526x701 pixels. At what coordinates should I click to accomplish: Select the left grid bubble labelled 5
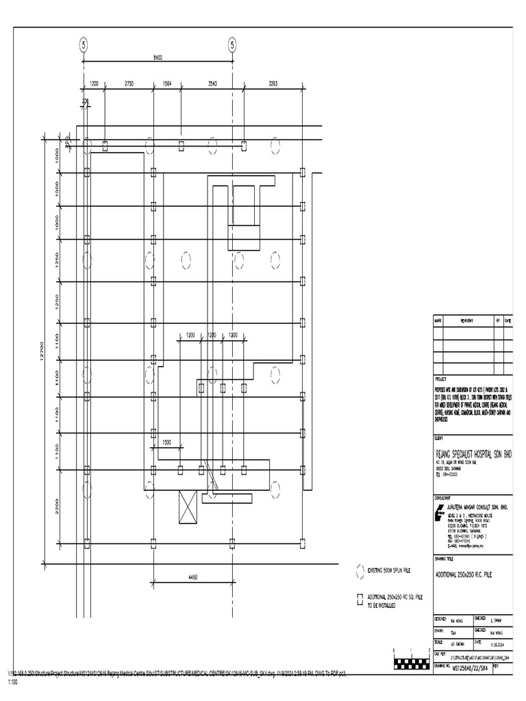click(84, 45)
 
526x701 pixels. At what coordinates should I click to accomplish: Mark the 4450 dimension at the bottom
click(192, 578)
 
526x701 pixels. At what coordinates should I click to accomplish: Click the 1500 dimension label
click(166, 443)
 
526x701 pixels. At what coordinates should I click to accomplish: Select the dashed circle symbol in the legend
click(359, 570)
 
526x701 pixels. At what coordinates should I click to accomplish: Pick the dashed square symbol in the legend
click(359, 600)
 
